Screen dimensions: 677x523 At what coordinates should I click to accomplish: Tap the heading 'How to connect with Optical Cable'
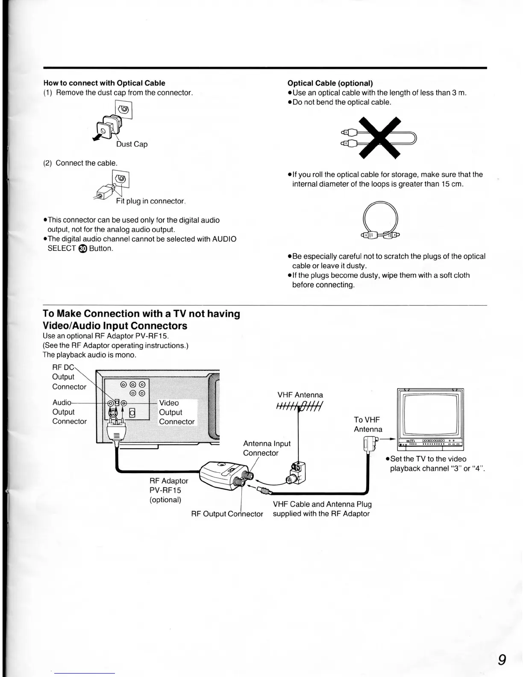pos(104,83)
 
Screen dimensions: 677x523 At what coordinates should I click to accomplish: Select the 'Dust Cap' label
pos(132,144)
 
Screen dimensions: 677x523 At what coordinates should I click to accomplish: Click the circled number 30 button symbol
pos(83,249)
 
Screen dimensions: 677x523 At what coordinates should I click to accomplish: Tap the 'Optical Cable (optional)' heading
pos(330,83)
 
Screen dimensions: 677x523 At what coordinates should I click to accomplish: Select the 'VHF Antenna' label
pos(300,395)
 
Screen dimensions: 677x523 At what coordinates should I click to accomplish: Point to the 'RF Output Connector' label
pos(227,514)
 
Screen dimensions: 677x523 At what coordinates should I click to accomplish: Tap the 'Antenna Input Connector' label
pos(267,448)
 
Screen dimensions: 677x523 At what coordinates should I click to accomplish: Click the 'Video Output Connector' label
pos(176,412)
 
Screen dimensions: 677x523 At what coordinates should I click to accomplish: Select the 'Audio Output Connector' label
pos(69,412)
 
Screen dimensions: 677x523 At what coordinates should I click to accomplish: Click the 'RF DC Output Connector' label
pos(69,377)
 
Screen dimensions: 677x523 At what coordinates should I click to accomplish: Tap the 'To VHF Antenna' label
pos(367,424)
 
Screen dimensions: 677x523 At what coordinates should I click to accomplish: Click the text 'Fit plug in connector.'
pos(150,201)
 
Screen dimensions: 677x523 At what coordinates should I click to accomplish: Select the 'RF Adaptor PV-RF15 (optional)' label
pos(168,490)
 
